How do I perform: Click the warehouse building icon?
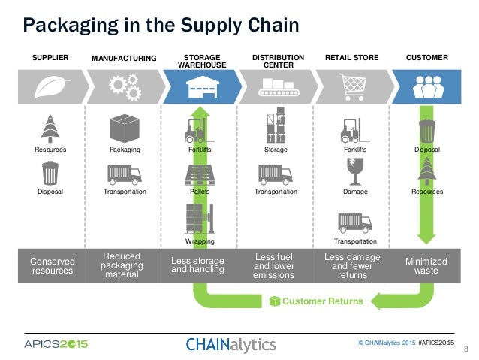point(200,88)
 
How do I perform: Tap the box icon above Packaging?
point(125,129)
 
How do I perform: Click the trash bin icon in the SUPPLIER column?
point(50,173)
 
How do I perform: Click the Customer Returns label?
point(322,301)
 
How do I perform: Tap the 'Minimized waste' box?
point(426,266)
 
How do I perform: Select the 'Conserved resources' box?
point(52,266)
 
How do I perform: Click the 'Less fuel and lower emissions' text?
point(276,265)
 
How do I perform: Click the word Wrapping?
point(200,242)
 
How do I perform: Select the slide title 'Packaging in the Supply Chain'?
point(161,25)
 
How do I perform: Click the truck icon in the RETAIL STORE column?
point(354,222)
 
